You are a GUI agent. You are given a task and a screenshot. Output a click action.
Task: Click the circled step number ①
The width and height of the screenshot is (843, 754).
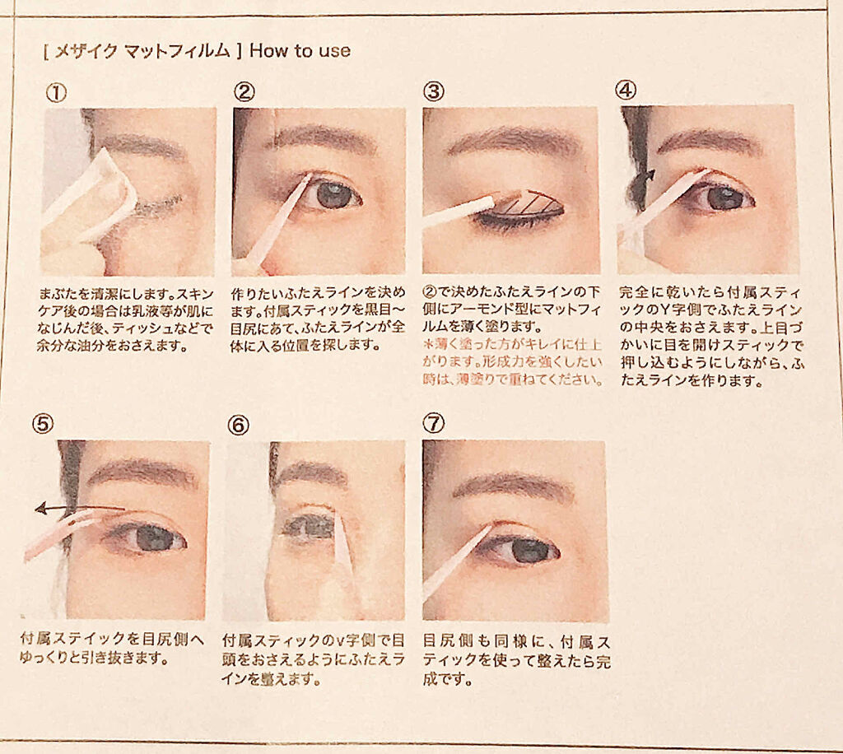pyautogui.click(x=56, y=93)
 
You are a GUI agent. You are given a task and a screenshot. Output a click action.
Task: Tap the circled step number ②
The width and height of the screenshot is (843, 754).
pyautogui.click(x=244, y=92)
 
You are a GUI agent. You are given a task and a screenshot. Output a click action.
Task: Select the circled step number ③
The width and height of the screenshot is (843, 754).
pyautogui.click(x=433, y=91)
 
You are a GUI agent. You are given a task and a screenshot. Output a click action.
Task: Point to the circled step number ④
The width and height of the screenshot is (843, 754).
pyautogui.click(x=626, y=90)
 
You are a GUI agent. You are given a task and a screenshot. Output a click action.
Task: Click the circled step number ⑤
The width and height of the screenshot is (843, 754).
pyautogui.click(x=43, y=424)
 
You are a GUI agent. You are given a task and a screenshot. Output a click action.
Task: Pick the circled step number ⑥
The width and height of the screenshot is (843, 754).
pyautogui.click(x=238, y=425)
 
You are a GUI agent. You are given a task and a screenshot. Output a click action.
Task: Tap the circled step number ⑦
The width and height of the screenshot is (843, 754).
pyautogui.click(x=433, y=423)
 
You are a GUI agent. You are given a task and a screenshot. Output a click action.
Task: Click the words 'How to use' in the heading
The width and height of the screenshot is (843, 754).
pyautogui.click(x=300, y=51)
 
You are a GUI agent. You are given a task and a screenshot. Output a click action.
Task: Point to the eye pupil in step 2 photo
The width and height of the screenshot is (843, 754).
pyautogui.click(x=333, y=194)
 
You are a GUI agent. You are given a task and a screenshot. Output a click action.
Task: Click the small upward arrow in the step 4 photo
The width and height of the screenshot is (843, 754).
pyautogui.click(x=650, y=175)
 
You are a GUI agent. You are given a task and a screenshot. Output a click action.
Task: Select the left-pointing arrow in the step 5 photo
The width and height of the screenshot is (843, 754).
pyautogui.click(x=80, y=507)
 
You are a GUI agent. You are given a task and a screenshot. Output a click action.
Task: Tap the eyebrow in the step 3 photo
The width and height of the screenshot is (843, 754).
pyautogui.click(x=515, y=140)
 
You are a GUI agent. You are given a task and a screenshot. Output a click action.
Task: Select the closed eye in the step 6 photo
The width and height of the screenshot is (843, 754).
pyautogui.click(x=310, y=527)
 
